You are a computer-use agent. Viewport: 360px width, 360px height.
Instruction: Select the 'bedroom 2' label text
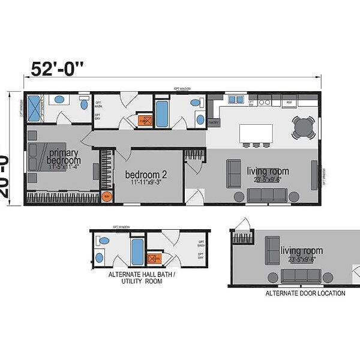pyautogui.click(x=145, y=175)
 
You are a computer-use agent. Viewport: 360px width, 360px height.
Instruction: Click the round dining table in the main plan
pyautogui.click(x=304, y=127)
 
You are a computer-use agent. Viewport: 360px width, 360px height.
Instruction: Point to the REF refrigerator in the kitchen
pyautogui.click(x=289, y=103)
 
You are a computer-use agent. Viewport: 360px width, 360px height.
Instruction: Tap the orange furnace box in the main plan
pyautogui.click(x=143, y=121)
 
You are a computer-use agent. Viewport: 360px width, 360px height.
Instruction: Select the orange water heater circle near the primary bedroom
pyautogui.click(x=107, y=196)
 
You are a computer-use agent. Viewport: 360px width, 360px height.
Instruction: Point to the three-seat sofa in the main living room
pyautogui.click(x=267, y=194)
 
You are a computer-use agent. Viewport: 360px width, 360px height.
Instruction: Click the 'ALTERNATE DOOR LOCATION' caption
pyautogui.click(x=305, y=293)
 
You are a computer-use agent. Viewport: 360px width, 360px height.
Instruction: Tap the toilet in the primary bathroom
pyautogui.click(x=60, y=100)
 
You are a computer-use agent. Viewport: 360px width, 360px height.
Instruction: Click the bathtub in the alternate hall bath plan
pyautogui.click(x=137, y=252)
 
